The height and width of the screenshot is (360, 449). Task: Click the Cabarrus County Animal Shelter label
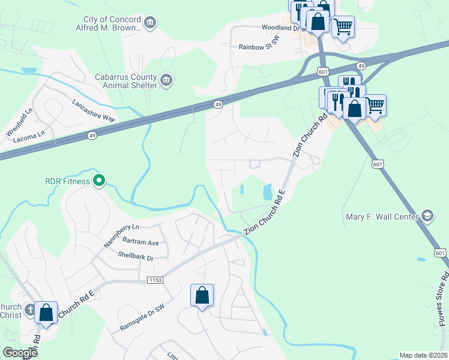coord(125,81)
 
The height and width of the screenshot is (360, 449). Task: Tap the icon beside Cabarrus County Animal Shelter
coord(166,79)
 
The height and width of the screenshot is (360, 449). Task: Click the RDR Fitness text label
coord(66,181)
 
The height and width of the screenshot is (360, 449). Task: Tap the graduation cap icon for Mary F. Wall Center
coord(427,215)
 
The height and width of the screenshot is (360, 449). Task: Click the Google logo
coord(20,353)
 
